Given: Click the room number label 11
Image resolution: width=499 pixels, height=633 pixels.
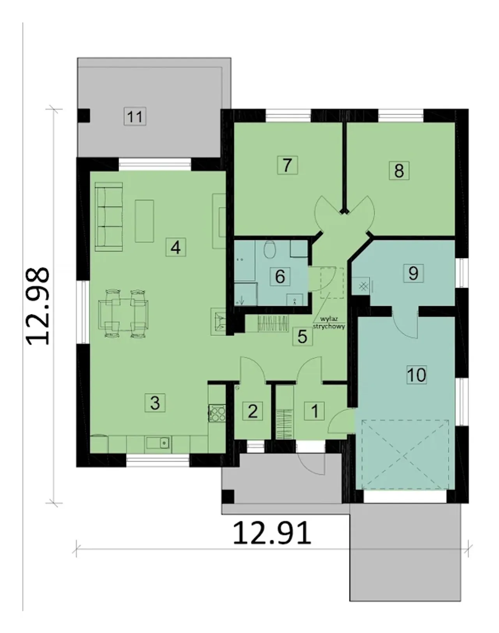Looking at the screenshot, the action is click(135, 117).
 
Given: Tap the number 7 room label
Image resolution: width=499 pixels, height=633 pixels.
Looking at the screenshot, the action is click(287, 165).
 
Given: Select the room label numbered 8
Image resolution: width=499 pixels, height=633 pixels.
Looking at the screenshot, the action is click(399, 170).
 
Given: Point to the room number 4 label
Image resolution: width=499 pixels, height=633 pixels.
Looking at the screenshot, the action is click(176, 247).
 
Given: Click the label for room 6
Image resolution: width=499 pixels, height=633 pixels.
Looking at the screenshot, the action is click(280, 276).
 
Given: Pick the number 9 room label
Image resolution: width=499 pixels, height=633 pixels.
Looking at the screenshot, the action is click(413, 273).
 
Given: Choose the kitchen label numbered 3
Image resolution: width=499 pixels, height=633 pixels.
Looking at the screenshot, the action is click(155, 403).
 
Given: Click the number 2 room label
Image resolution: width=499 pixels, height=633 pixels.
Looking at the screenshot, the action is click(253, 411).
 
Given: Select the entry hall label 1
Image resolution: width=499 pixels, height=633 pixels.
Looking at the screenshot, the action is click(315, 411).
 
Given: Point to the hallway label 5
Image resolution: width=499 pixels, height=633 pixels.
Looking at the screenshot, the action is click(303, 336).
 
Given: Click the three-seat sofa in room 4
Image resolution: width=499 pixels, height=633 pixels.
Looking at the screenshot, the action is click(109, 217).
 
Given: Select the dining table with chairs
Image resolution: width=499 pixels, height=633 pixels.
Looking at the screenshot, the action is click(124, 314).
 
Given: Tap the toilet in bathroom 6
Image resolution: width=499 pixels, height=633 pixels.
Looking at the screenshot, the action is click(269, 250).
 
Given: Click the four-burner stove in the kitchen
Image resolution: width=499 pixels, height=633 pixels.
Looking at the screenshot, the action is click(217, 413).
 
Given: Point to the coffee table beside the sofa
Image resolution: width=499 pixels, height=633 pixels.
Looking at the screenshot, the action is click(144, 221).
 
